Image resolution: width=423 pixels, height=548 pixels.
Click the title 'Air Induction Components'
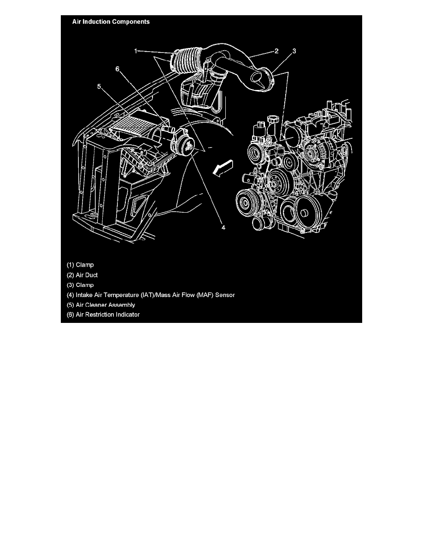pos(111,22)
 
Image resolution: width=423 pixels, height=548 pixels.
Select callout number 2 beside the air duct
pos(276,51)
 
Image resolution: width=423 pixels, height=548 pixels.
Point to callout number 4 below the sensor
pos(223,227)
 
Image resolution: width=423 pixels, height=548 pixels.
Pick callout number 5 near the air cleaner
pos(99,86)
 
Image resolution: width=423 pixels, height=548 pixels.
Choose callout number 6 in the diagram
pos(117,69)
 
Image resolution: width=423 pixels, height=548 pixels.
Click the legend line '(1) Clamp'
pos(80,265)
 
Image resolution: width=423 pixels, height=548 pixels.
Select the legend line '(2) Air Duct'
pos(82,275)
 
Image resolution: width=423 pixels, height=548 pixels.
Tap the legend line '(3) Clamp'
pos(80,285)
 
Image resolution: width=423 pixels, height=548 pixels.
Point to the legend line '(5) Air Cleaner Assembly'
pos(101,305)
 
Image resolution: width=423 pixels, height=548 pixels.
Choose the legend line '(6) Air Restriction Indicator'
pos(103,315)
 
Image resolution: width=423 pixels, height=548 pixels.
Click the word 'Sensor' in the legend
pos(226,295)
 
